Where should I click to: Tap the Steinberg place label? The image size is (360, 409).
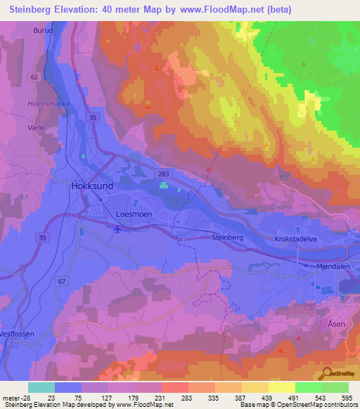[227, 238]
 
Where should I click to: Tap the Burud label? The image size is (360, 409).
[43, 31]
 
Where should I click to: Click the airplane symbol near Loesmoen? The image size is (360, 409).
[117, 228]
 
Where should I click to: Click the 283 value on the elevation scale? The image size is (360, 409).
[186, 398]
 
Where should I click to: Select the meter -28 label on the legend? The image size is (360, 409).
[15, 398]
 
